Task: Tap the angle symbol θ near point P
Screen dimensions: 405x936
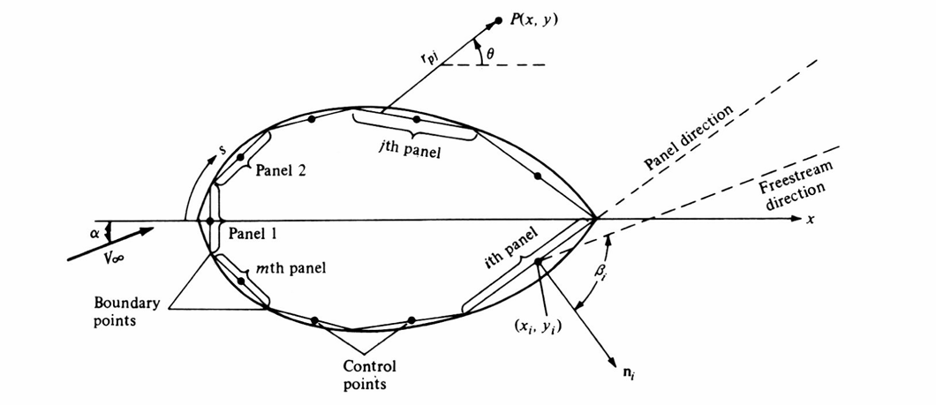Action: [493, 52]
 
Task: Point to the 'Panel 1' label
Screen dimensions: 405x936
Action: [253, 233]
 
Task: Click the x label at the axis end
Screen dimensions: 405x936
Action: [810, 219]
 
